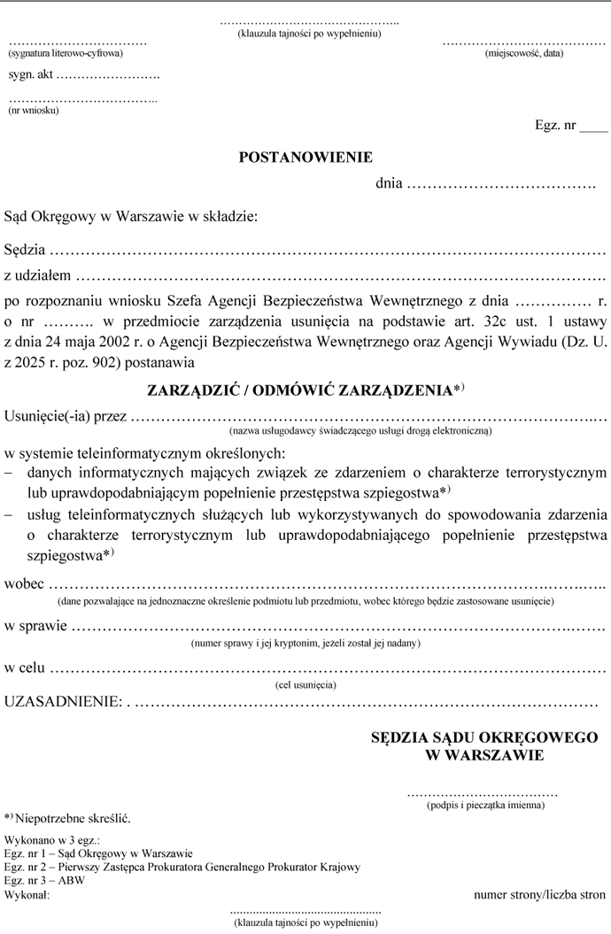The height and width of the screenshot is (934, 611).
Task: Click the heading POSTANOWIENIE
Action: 305,158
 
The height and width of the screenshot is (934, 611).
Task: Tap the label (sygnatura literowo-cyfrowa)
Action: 66,54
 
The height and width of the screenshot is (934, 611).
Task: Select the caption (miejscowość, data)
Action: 523,54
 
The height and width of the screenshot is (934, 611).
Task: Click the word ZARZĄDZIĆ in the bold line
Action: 192,390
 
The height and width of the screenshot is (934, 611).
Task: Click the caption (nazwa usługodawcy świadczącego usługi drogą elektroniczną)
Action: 360,430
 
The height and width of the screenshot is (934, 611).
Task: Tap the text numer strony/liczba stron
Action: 539,894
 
